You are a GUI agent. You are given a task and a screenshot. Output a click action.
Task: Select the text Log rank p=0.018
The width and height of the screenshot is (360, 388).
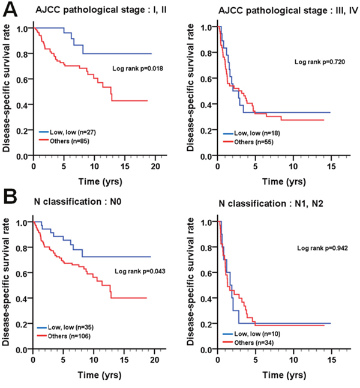(138, 69)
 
